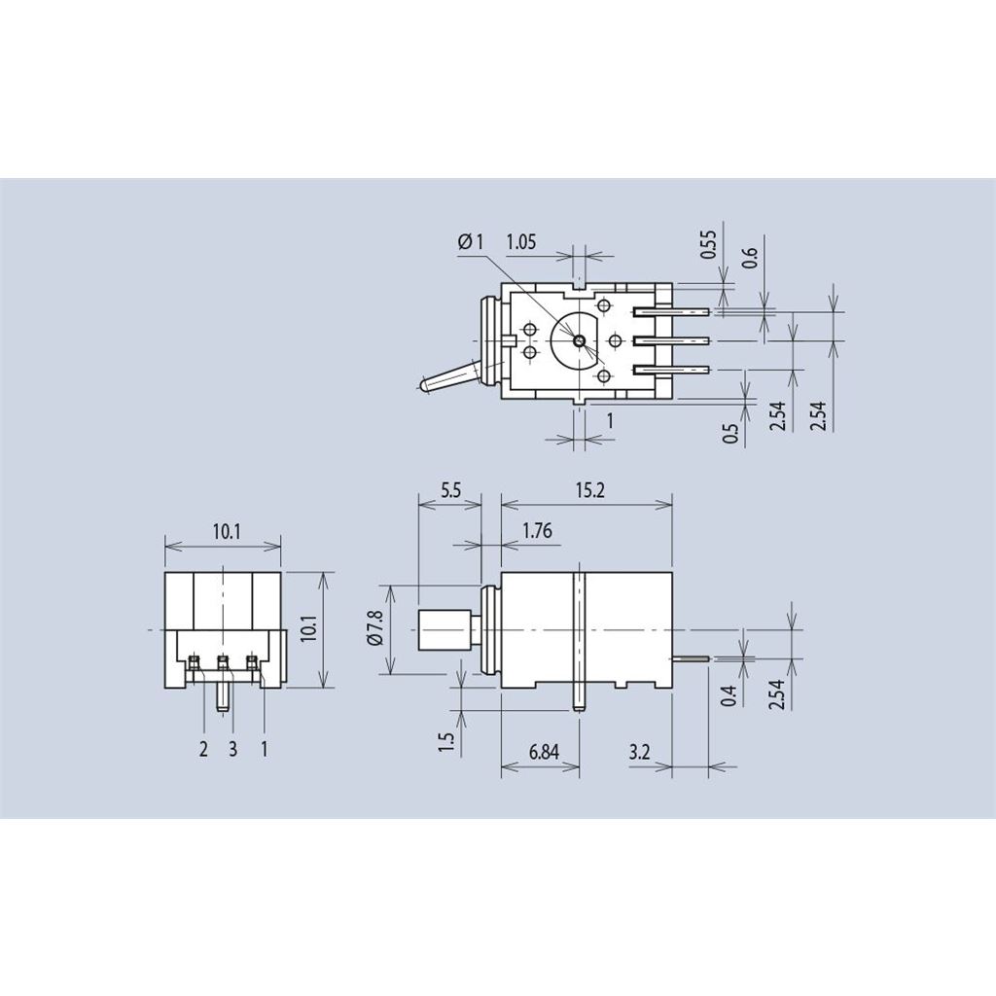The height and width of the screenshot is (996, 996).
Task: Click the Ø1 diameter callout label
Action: [470, 241]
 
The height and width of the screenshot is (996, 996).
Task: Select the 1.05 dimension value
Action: [521, 241]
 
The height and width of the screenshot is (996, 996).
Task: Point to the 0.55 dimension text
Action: [708, 244]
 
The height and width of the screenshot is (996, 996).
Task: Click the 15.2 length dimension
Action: [590, 490]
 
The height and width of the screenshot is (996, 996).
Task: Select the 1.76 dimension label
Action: [537, 530]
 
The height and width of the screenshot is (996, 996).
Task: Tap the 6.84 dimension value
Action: [544, 752]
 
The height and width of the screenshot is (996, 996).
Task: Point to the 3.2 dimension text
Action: [639, 752]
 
